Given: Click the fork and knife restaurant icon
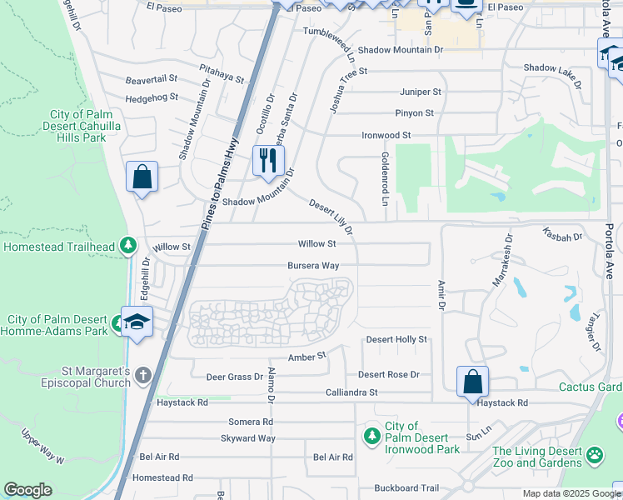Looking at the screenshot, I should tap(267, 160).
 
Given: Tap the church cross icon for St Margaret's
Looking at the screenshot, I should tap(143, 375).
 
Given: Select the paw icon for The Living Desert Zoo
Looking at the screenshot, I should tap(595, 456).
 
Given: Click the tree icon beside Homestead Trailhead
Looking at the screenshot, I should tap(127, 246).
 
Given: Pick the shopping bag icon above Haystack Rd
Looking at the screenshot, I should tap(472, 382).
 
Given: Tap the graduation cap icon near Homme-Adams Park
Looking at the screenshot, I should tap(137, 322).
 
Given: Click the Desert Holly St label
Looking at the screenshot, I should tap(396, 339).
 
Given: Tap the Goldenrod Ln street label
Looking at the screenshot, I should tap(385, 178).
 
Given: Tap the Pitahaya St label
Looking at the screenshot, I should tap(221, 74).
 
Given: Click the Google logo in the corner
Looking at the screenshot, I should tap(27, 490).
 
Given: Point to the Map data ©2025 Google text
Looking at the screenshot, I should tap(571, 493).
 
